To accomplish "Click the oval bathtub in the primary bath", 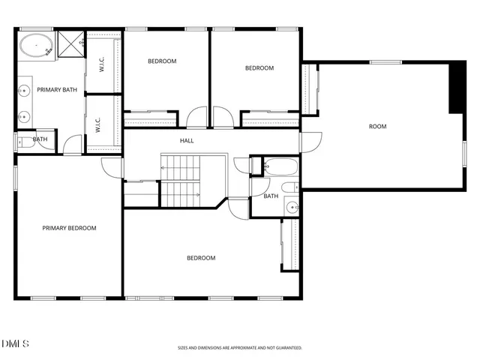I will point(34,46).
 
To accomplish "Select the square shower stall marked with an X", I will point(70,44).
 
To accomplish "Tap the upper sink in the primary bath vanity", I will point(25,90).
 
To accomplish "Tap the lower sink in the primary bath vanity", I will point(25,116).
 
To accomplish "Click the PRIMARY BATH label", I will point(58,90).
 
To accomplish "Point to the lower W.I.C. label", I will point(98,124).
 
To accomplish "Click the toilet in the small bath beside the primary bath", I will point(24,139).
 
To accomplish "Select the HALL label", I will point(187,141).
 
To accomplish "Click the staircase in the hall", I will point(181,180).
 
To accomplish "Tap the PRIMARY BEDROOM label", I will point(69,228).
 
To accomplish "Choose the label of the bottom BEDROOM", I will point(201,258).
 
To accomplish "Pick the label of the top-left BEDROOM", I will point(162,61).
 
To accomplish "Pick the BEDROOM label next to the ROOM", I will point(259,68).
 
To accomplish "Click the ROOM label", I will point(377,126).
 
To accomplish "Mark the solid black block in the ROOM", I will point(457,87).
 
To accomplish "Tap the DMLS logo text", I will point(16,343).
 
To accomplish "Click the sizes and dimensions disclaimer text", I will point(239,348).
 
